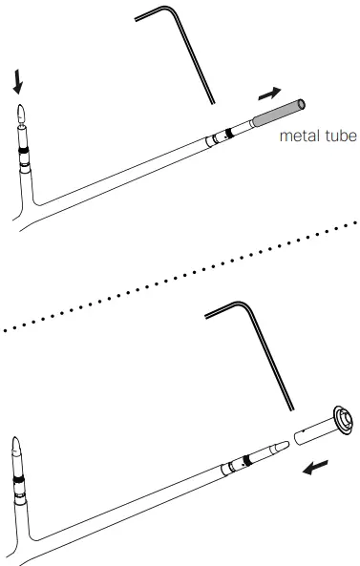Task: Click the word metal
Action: click(x=297, y=136)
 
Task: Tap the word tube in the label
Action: click(x=339, y=136)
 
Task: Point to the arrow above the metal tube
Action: click(x=271, y=93)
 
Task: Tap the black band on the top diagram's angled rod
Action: click(x=228, y=134)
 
